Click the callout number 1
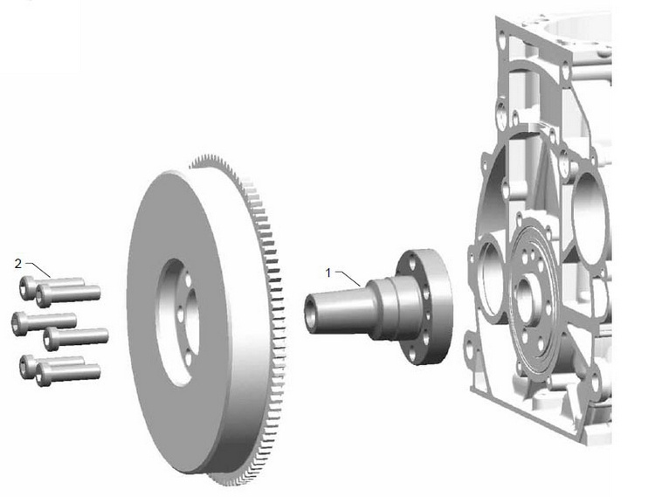click(x=328, y=273)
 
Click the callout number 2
click(x=18, y=264)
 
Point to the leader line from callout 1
click(x=348, y=279)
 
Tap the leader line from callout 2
click(x=38, y=270)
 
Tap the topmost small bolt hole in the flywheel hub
click(x=188, y=280)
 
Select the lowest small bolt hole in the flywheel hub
click(x=188, y=358)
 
